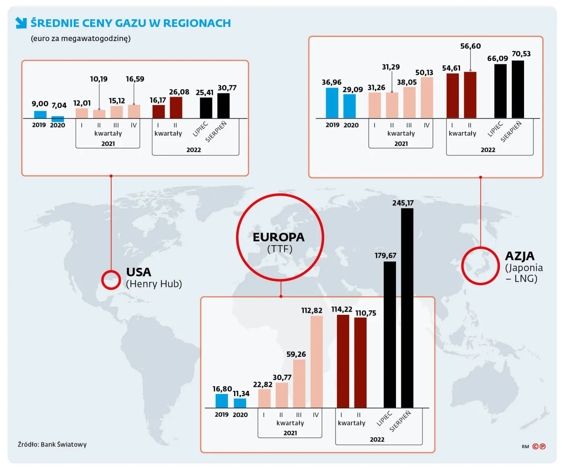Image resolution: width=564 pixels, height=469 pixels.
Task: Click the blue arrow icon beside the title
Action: pos(21,23)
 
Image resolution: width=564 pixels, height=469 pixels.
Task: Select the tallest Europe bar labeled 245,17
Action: pos(407,308)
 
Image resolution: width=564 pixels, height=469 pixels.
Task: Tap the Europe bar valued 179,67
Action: pos(390,334)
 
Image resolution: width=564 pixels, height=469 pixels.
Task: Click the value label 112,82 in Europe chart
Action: pos(312,310)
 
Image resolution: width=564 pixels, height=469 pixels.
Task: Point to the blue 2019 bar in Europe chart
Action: pos(222,401)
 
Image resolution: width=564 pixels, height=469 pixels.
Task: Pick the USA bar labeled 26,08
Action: pos(176,107)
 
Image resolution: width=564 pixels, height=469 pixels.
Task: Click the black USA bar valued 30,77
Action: pos(223,106)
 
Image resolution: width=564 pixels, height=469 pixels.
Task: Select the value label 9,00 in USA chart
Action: pos(40,104)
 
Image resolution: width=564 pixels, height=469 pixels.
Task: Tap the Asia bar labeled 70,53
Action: pos(518,89)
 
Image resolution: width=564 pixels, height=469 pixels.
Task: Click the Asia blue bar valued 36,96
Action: pos(332,103)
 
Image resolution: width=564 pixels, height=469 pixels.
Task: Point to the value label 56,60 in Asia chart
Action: pos(471,46)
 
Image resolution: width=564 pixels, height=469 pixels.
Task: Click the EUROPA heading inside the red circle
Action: pos(279,237)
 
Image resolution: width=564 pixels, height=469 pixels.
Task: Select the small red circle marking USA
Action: pos(111,280)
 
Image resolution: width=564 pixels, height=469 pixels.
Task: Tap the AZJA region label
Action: pos(520,256)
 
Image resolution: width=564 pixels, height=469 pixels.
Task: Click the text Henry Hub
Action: pos(154,284)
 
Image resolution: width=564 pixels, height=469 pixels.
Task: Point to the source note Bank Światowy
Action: pos(52,444)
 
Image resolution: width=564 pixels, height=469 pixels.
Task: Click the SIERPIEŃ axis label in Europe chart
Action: pos(400,421)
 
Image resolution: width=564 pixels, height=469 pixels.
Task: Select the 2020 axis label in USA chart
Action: pos(58,125)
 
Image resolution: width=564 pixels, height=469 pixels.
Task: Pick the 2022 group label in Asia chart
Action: pos(488,150)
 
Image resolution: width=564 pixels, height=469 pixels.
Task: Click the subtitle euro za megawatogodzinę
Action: pos(81,39)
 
